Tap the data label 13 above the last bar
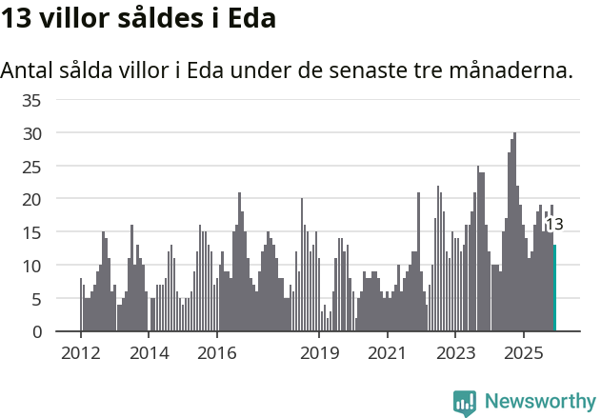click(x=554, y=225)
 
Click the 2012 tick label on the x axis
click(x=80, y=353)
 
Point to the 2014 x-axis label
click(x=149, y=353)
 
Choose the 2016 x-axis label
click(x=217, y=353)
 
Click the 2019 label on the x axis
click(x=319, y=353)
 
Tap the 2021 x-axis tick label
click(x=387, y=353)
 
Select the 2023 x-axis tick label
click(x=455, y=353)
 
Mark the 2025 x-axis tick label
click(x=523, y=353)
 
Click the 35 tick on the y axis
click(x=31, y=100)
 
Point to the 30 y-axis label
click(x=31, y=133)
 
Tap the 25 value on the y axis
click(x=31, y=167)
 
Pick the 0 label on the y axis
click(x=36, y=332)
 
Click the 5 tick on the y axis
click(x=36, y=299)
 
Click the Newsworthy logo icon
click(x=465, y=402)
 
